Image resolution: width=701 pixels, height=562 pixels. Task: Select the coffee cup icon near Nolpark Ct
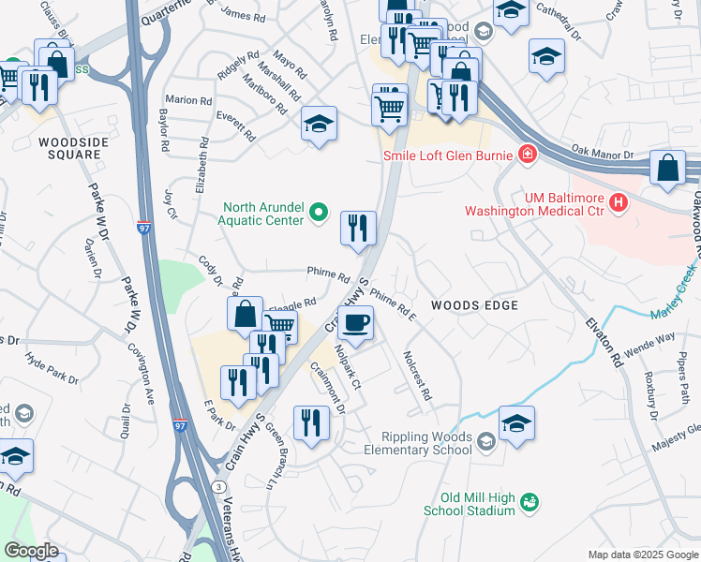click(x=355, y=324)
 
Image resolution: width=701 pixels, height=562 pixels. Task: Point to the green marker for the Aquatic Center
click(x=319, y=214)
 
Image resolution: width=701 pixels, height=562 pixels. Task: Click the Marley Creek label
click(x=681, y=278)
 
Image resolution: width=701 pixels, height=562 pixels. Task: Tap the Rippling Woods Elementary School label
click(x=426, y=443)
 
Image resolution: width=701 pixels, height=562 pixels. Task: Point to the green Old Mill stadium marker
click(x=530, y=503)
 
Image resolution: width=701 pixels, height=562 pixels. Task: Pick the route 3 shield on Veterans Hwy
click(x=217, y=487)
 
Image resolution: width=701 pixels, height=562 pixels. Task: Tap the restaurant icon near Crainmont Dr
click(x=308, y=423)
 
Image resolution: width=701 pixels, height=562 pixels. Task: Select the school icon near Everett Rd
click(x=319, y=125)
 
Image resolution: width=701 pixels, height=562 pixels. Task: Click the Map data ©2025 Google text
click(x=643, y=555)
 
